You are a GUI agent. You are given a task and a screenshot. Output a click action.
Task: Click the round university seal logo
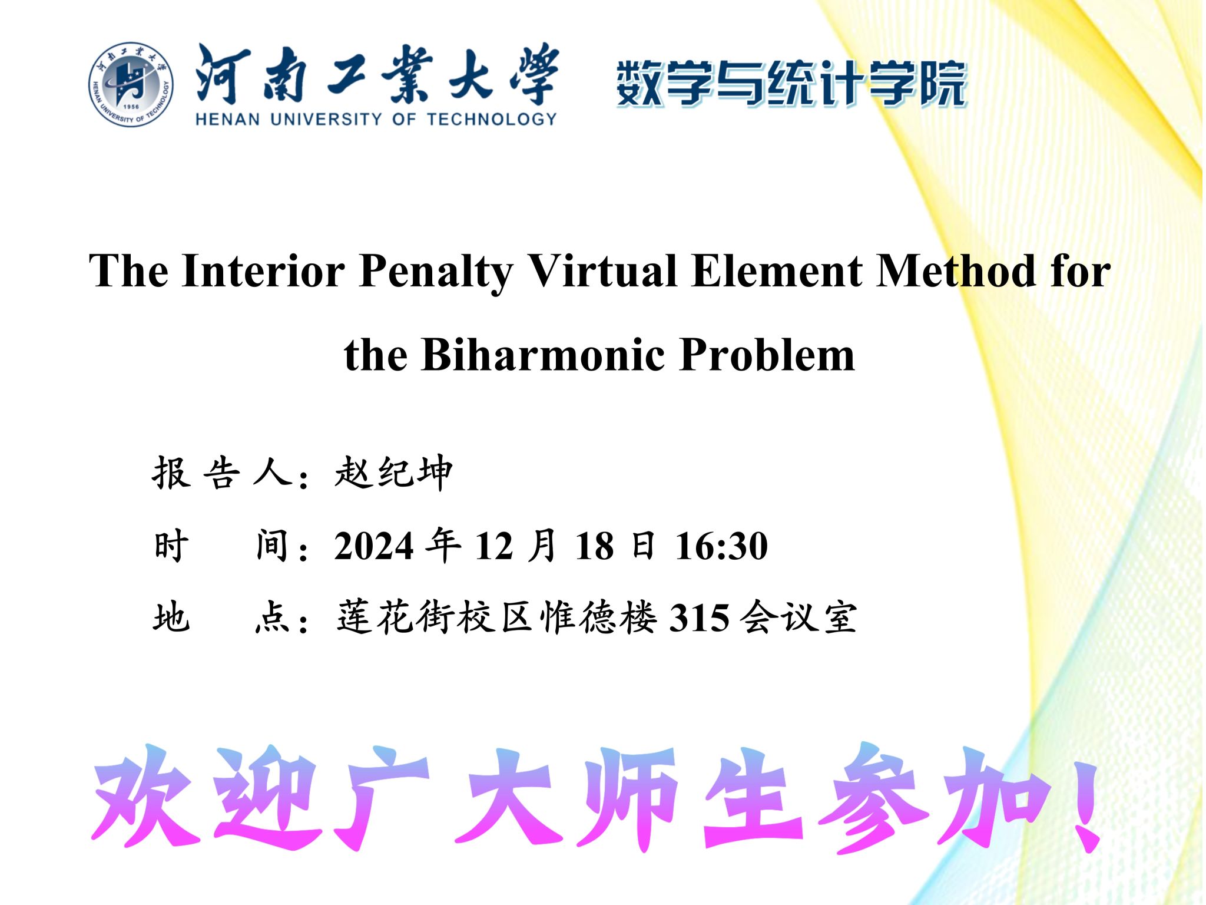tap(131, 84)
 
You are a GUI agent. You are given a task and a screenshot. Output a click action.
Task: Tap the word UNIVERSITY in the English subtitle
tap(326, 120)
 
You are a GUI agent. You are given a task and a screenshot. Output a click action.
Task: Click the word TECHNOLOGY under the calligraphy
tap(491, 120)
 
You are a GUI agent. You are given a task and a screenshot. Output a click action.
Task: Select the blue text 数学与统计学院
tap(791, 83)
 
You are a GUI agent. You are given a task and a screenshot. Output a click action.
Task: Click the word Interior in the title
tap(263, 270)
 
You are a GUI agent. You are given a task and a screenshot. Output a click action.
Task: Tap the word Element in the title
tap(777, 270)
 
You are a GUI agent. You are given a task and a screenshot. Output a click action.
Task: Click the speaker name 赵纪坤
tap(393, 473)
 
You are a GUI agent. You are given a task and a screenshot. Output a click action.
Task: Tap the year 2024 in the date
tap(374, 546)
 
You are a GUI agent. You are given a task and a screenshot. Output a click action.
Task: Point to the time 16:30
tap(721, 546)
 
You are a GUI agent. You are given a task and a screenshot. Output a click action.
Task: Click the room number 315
tap(700, 618)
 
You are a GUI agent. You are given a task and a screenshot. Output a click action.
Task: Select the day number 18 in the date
tap(594, 546)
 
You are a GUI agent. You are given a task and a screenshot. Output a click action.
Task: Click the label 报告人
tap(223, 473)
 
